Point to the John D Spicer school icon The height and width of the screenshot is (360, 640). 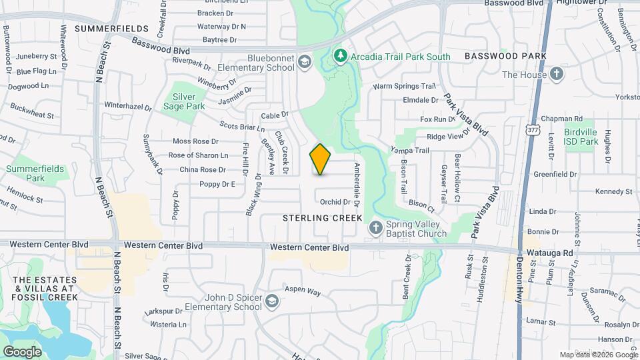point(271,302)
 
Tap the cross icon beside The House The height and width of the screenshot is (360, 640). point(557,75)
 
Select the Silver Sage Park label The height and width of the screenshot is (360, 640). point(185,101)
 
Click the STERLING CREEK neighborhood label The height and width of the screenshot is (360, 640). point(322,218)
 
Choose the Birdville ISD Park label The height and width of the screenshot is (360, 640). point(580,137)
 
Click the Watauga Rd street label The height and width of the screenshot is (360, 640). point(549,253)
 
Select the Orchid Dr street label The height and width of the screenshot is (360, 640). point(335,202)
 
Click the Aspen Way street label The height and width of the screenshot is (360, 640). point(303,292)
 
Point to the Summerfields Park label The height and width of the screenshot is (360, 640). point(35,173)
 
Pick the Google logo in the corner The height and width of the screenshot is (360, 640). point(23,351)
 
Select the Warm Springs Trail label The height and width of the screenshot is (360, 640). point(404,86)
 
